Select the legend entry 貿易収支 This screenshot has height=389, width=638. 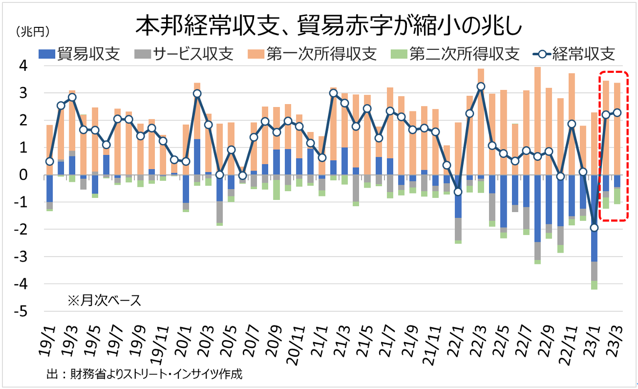80,53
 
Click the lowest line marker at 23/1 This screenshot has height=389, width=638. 594,227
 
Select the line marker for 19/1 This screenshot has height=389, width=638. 49,161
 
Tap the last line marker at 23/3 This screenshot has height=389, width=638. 617,112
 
